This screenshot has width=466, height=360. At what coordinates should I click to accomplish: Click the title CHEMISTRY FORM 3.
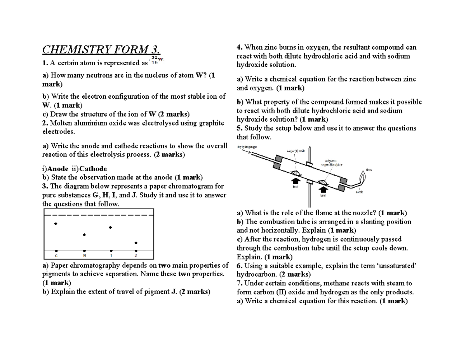point(101,50)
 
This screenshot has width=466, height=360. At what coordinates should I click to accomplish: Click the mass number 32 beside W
point(154,57)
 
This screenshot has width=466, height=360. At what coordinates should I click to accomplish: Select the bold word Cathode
point(93,169)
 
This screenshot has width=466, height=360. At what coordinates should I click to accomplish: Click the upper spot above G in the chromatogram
point(56,224)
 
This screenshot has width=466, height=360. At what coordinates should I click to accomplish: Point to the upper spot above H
point(84,235)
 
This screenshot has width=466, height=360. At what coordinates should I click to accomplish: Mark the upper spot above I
point(111,228)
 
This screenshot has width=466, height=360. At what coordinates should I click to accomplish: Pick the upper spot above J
point(136,243)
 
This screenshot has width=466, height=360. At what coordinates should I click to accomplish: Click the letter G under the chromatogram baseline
point(56,256)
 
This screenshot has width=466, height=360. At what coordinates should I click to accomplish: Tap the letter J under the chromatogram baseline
point(136,256)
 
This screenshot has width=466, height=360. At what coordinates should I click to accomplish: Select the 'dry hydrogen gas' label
point(247,147)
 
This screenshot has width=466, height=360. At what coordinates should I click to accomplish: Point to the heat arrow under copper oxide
point(295,181)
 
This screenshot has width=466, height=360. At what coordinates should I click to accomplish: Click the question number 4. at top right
point(240,47)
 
